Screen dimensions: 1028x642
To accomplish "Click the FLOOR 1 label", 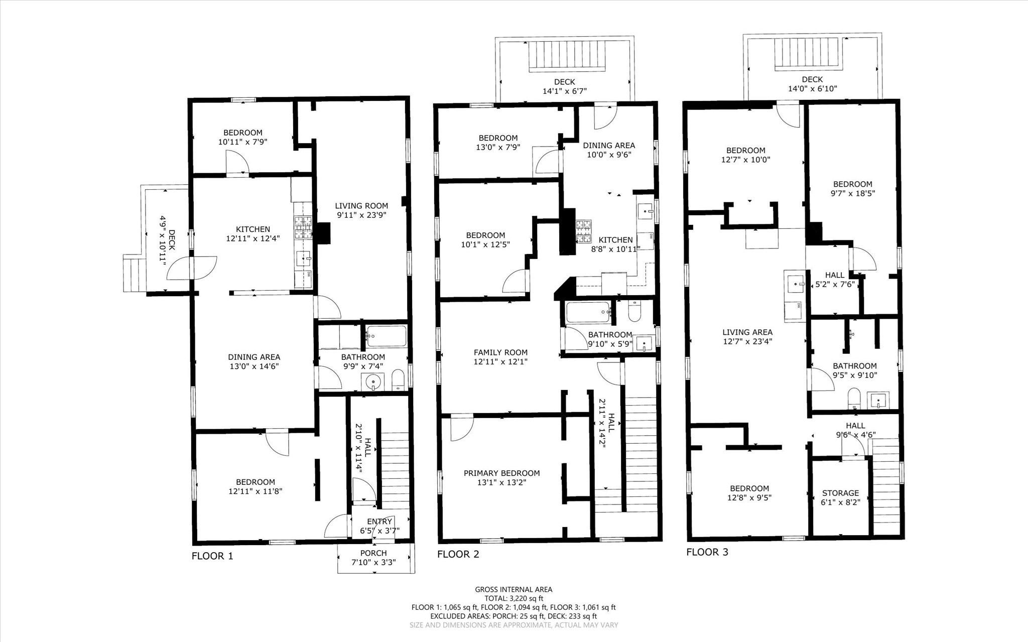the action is (x=212, y=556).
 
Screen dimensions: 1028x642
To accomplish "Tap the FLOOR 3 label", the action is (x=707, y=552).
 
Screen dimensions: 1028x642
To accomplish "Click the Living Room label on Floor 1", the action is (x=361, y=205).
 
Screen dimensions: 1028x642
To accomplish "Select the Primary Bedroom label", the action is (x=501, y=473).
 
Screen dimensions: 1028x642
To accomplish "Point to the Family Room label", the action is (x=500, y=352).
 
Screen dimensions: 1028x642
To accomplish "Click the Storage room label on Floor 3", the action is (x=840, y=493).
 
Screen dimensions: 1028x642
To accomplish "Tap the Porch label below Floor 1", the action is (x=373, y=553).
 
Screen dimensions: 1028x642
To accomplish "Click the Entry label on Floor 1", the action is (x=379, y=522).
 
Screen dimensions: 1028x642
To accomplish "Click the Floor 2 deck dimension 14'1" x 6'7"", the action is (x=564, y=91).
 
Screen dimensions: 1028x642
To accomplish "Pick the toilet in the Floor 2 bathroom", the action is (x=634, y=312).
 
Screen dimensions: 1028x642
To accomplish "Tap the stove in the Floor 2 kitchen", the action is (x=583, y=231).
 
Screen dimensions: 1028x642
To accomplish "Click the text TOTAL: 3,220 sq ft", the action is (x=513, y=598).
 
